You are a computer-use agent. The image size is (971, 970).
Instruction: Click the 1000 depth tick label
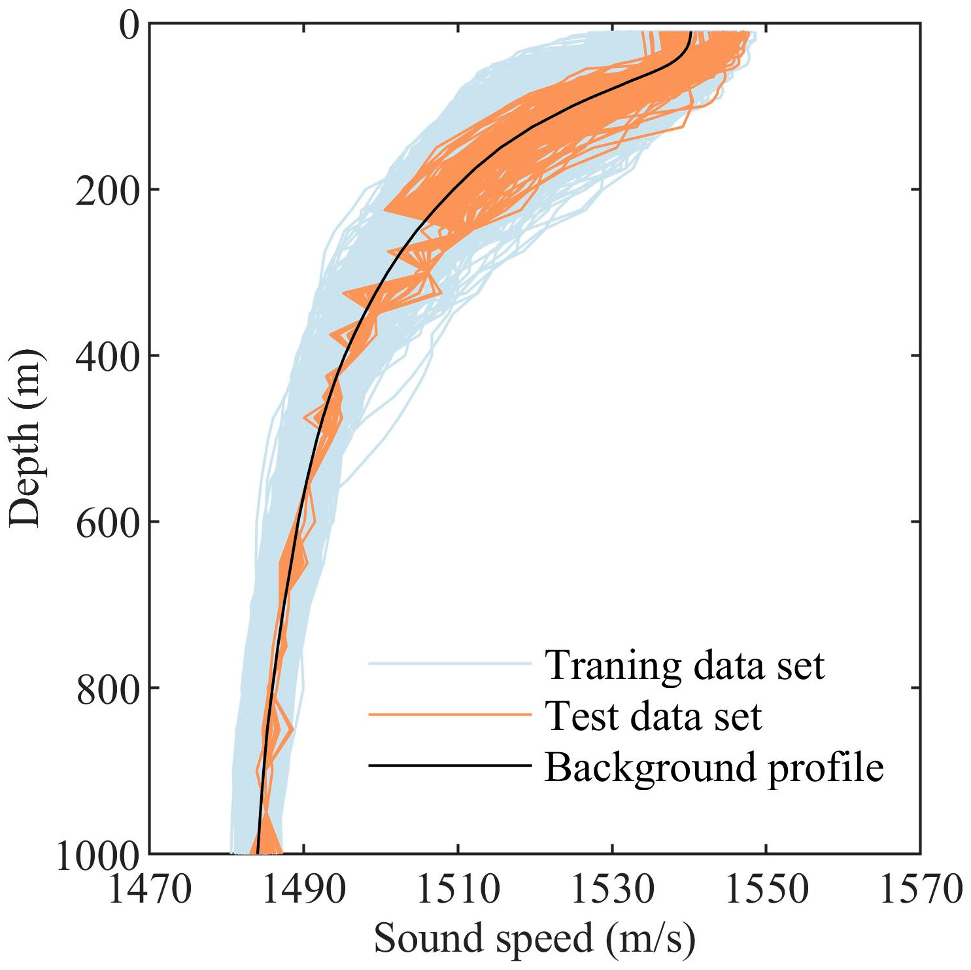(98, 855)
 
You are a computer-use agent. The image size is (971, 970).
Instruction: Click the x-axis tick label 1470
(149, 890)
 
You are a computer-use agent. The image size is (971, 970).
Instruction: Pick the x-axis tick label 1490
(303, 890)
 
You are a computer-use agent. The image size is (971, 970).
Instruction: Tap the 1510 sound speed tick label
(458, 890)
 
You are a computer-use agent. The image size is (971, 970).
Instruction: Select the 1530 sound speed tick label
(612, 890)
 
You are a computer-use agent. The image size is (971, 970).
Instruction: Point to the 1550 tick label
(766, 890)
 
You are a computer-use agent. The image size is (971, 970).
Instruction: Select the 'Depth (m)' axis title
(26, 438)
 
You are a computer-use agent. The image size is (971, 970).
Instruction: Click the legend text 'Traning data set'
(685, 665)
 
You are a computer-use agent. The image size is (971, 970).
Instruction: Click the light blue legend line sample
(450, 664)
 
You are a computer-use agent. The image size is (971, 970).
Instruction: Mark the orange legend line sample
(450, 714)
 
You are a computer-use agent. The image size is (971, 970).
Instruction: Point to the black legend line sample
(450, 765)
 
